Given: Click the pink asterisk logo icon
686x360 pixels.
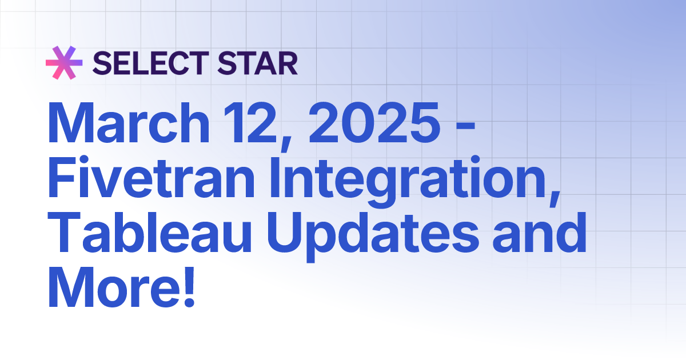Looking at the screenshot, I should point(64,63).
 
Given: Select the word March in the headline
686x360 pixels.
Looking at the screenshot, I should point(130,124).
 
